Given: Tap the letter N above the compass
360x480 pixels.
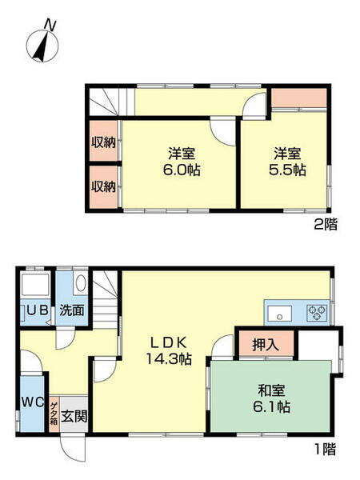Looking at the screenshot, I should [x=50, y=25].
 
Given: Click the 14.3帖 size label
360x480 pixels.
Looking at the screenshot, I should [x=169, y=359].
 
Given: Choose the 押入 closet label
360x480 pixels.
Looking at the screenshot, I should [x=264, y=346].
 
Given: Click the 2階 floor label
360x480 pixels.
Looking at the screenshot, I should [x=325, y=226].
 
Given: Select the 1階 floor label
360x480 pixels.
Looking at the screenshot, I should [x=325, y=450].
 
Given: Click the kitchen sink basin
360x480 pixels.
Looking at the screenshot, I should [x=280, y=313].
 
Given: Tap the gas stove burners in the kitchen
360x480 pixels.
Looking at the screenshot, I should [x=315, y=313].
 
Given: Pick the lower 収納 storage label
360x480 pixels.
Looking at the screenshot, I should [x=103, y=186].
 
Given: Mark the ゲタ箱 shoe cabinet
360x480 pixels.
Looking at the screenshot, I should [x=54, y=415].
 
